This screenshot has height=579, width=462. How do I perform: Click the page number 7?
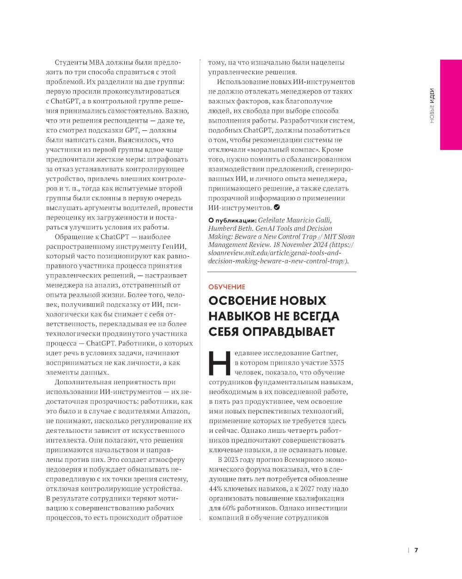(416, 550)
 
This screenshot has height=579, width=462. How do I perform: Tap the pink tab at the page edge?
(451, 105)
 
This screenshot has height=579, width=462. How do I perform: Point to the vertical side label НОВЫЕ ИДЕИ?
(432, 105)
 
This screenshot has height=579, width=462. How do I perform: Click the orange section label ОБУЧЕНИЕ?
(227, 287)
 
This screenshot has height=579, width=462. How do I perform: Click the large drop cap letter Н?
(219, 363)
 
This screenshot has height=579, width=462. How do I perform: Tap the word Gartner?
(324, 353)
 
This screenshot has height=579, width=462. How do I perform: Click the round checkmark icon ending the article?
(277, 207)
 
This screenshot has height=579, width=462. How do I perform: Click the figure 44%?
(216, 489)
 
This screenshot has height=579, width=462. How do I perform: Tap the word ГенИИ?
(176, 246)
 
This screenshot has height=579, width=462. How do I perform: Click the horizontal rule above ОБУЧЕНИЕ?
(282, 272)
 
